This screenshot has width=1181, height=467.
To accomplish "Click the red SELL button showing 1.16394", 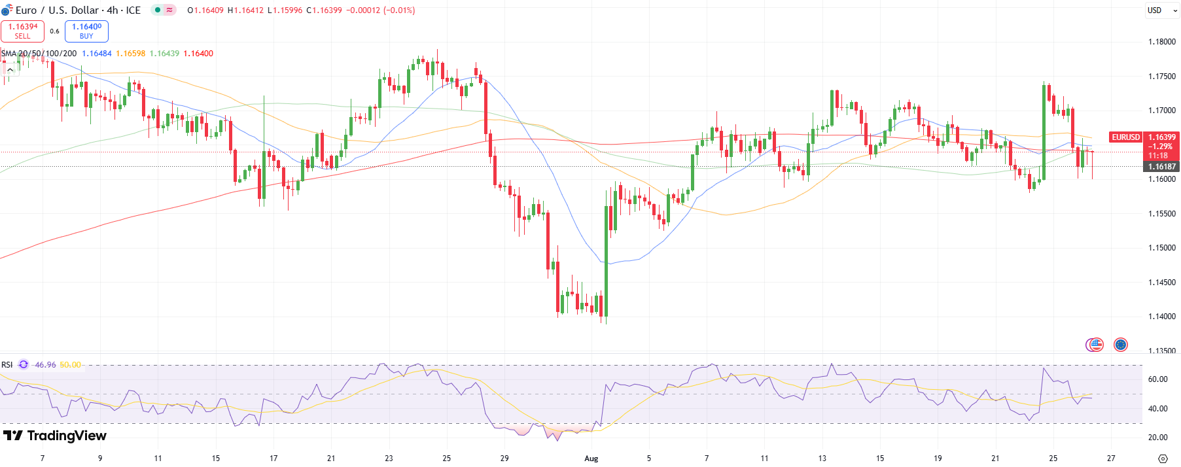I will [x=23, y=31].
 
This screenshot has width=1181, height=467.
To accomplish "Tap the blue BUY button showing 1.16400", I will [x=86, y=31].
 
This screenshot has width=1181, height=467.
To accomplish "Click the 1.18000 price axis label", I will [x=1161, y=42].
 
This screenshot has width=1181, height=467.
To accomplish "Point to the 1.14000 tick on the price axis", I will [x=1161, y=317].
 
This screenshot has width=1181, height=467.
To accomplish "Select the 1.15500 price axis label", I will [x=1161, y=214].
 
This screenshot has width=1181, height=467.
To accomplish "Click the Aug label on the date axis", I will [x=591, y=458].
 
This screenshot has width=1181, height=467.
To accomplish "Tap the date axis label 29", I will [x=504, y=458].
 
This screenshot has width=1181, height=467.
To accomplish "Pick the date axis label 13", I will [x=822, y=458].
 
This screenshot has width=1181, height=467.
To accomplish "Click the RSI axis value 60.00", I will [x=1157, y=379].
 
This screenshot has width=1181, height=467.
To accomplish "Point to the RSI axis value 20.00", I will [x=1157, y=438].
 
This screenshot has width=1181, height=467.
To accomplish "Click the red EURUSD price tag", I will [x=1125, y=137].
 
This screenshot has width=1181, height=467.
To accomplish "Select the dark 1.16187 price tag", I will [x=1161, y=167].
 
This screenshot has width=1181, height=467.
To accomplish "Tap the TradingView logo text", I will [x=55, y=436].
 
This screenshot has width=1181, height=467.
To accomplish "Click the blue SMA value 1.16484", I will [x=97, y=54].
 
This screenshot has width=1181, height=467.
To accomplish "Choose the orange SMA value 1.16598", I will [x=131, y=54].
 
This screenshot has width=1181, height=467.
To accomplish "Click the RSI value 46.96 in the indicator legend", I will [x=45, y=365].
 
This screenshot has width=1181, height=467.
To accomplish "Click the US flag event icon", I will [x=1095, y=345].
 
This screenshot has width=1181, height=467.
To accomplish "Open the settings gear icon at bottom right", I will [x=1162, y=458].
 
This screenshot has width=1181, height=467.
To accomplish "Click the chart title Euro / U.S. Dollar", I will [x=57, y=10].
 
